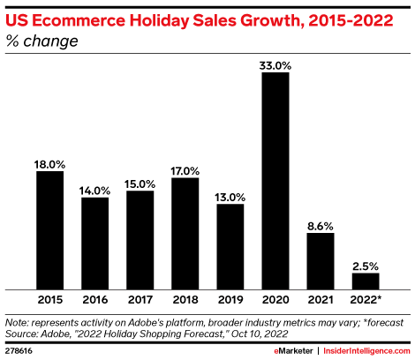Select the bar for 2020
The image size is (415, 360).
click(275, 180)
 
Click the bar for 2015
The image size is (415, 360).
click(49, 229)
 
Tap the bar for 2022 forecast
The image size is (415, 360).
click(365, 281)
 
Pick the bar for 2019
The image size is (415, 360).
click(230, 246)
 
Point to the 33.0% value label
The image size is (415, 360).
click(275, 64)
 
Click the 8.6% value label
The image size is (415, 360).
click(320, 225)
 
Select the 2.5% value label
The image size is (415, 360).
click(365, 265)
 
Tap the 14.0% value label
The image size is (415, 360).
click(94, 189)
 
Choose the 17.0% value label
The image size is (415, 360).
click(185, 169)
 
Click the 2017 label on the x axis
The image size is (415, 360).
click(140, 300)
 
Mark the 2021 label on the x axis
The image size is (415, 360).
click(320, 300)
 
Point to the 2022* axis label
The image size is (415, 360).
click(366, 300)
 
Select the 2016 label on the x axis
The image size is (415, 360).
click(94, 300)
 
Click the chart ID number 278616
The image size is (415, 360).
click(20, 349)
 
